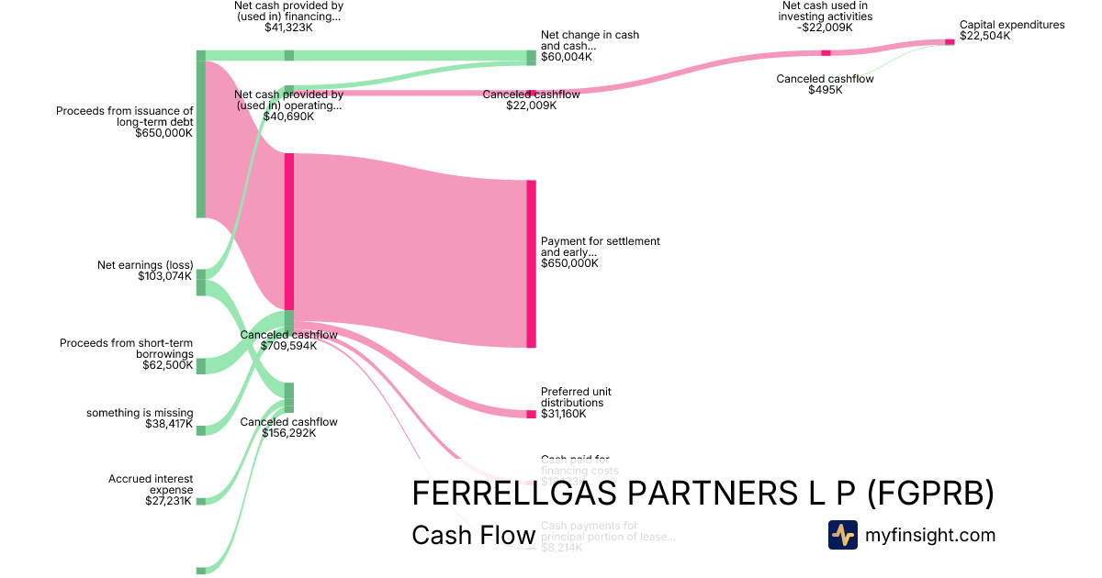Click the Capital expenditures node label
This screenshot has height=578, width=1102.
(x=1012, y=25)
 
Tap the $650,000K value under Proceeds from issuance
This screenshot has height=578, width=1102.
(x=163, y=133)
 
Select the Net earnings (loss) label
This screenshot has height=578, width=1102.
(x=145, y=265)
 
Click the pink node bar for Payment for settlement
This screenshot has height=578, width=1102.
(x=531, y=264)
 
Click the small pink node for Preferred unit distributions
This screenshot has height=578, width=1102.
(x=531, y=415)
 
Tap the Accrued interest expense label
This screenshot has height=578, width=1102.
(x=151, y=484)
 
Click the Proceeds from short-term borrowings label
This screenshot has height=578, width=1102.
(x=127, y=349)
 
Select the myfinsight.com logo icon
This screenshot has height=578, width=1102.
(x=842, y=535)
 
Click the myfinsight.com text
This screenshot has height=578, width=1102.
(x=930, y=535)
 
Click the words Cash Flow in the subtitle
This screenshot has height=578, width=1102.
(x=473, y=536)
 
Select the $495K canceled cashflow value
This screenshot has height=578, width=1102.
(x=825, y=90)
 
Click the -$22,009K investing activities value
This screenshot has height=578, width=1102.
(x=825, y=28)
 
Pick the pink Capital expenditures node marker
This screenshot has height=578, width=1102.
(x=950, y=41)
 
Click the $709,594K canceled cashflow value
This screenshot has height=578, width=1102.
(x=288, y=346)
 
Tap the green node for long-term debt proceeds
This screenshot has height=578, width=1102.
(x=200, y=134)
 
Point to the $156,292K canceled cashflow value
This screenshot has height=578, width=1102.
(x=288, y=433)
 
